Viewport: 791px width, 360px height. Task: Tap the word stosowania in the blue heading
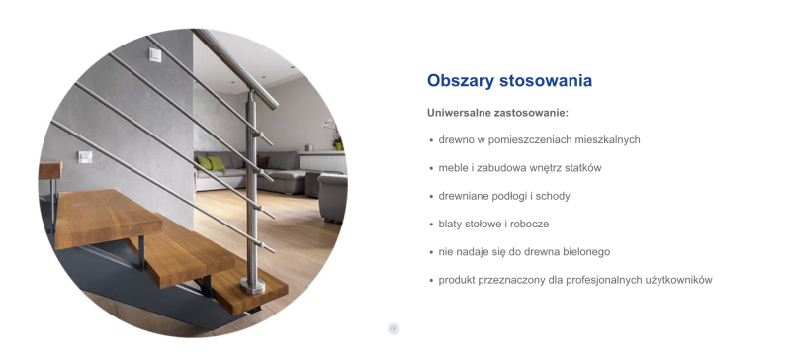click(546, 81)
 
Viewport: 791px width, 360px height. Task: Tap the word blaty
click(451, 224)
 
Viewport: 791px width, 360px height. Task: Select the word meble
click(453, 168)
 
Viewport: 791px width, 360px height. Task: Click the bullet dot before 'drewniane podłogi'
click(431, 197)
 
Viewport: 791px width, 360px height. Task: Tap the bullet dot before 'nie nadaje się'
click(431, 252)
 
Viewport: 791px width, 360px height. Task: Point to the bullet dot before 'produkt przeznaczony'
click(431, 281)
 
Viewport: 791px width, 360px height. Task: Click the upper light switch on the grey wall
click(153, 56)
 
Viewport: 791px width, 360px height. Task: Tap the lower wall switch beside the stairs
click(85, 156)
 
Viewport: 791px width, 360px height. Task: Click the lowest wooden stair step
click(237, 287)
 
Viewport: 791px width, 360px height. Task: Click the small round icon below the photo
click(394, 328)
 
